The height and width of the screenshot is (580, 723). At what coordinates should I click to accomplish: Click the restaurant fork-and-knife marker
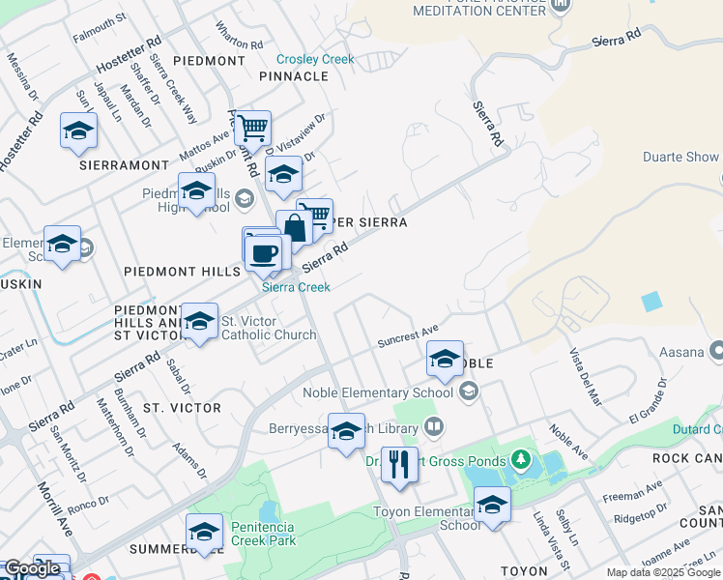(399, 465)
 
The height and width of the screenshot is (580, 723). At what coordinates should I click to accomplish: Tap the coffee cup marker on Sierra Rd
(263, 254)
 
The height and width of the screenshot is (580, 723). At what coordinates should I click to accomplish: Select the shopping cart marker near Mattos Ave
(252, 127)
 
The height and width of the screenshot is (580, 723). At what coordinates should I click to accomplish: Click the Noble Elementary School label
(378, 392)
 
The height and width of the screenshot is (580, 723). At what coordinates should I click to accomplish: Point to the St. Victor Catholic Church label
(269, 328)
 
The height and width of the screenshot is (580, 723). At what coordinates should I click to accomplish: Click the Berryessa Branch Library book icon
(434, 425)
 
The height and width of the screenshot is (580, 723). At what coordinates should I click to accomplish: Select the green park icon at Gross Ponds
(522, 457)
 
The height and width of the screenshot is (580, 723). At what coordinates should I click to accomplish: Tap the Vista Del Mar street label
(586, 376)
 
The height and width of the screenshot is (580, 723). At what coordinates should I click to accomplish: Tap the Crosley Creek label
(316, 59)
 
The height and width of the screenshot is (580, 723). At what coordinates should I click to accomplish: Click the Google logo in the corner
(32, 568)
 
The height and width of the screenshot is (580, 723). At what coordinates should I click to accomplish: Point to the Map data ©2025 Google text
(664, 572)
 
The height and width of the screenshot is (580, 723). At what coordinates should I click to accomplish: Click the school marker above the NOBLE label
(445, 360)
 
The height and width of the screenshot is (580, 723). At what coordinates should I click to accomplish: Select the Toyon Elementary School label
(426, 518)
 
